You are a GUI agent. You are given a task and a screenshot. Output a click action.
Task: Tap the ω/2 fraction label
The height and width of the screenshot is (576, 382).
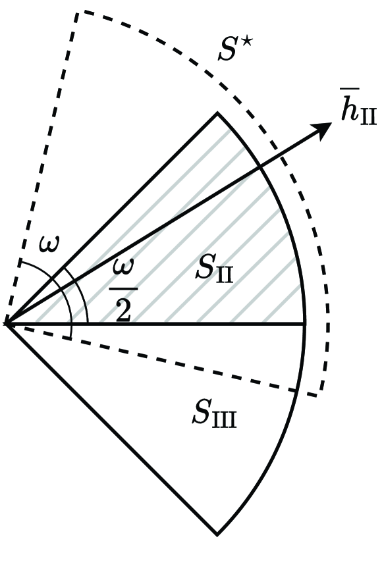click(x=123, y=290)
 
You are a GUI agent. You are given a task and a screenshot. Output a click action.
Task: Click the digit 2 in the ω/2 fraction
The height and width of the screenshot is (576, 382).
click(x=123, y=309)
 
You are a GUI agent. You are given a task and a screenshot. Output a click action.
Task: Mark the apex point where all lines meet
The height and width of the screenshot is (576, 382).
click(x=7, y=324)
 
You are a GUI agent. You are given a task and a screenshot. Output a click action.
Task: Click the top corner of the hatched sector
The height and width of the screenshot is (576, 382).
click(x=218, y=113)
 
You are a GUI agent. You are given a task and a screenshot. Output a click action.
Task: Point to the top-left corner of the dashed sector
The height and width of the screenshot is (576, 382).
click(x=76, y=12)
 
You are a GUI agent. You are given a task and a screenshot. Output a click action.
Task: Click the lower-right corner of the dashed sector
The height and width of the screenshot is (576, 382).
click(x=318, y=395)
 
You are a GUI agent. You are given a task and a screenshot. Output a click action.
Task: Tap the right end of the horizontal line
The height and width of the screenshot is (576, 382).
click(x=305, y=324)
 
